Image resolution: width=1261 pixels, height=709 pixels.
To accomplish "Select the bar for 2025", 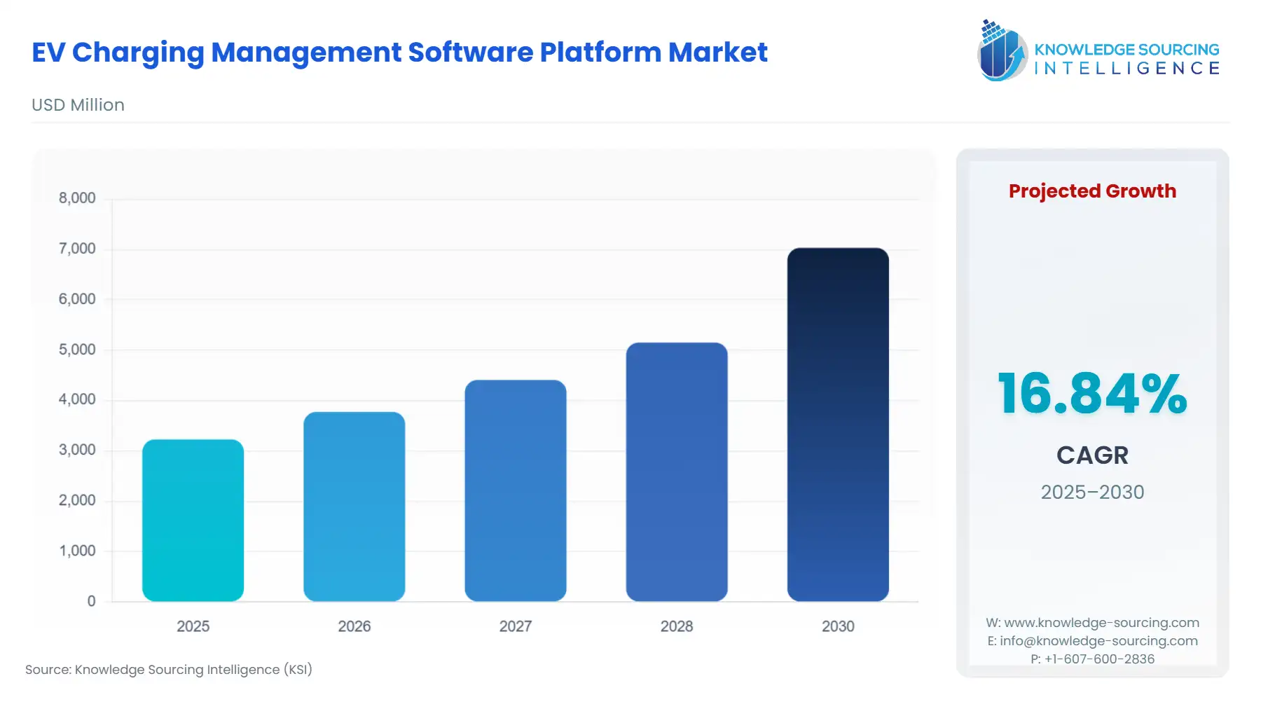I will [x=193, y=520].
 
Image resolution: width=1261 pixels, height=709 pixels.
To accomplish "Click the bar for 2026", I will [x=354, y=506].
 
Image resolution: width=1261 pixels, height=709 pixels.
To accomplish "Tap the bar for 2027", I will [x=515, y=490].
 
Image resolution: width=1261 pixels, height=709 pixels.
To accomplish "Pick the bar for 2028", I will [x=676, y=471].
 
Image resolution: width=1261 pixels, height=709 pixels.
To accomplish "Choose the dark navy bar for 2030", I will [x=838, y=424].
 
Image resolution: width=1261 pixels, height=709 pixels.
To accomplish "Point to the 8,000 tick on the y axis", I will [x=77, y=198].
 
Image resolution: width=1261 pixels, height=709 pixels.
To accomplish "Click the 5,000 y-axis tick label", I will [x=77, y=350].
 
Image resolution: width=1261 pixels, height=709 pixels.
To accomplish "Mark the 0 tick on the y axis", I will [x=91, y=601].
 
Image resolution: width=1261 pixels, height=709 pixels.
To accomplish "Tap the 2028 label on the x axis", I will [x=676, y=626].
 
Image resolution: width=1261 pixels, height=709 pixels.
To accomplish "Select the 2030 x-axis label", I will [x=838, y=626].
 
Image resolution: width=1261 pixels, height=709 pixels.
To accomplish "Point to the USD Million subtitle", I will [x=78, y=105].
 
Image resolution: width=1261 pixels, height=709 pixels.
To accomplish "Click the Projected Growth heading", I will [x=1092, y=191].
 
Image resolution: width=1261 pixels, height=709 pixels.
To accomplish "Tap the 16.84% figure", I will [x=1092, y=394].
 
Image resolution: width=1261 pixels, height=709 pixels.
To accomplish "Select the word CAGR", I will [x=1092, y=455].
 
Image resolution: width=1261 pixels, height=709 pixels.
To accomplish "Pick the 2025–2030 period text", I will [x=1092, y=492].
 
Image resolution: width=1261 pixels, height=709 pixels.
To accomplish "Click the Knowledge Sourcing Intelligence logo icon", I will [x=1002, y=51].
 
